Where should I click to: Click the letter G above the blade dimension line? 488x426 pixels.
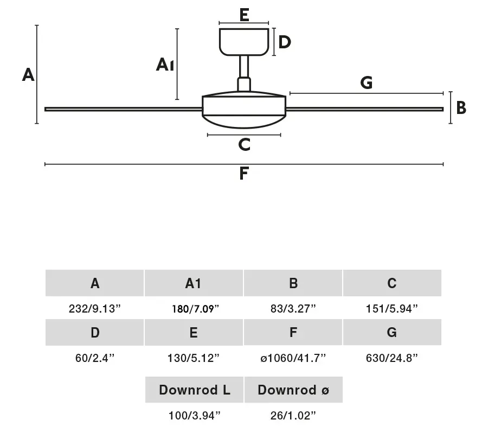(x=367, y=82)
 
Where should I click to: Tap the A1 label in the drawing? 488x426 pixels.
(x=165, y=65)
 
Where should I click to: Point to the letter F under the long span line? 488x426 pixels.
(x=244, y=173)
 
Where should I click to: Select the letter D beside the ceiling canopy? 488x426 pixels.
(x=285, y=42)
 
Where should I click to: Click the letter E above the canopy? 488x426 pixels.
(x=245, y=15)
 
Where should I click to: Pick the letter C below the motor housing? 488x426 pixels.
(x=245, y=144)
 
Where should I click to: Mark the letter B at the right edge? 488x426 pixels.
(x=461, y=108)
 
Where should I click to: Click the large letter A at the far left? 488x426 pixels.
(x=28, y=75)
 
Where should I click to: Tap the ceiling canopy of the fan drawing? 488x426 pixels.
(x=244, y=42)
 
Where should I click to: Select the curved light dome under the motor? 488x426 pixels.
(x=244, y=122)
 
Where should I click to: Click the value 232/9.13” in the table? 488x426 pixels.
(x=94, y=309)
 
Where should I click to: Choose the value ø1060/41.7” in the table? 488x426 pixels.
(x=293, y=358)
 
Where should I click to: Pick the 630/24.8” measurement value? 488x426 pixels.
(x=392, y=358)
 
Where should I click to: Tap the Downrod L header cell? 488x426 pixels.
(x=194, y=390)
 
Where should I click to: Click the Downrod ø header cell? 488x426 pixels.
(x=293, y=390)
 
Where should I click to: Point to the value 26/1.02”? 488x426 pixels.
(x=293, y=415)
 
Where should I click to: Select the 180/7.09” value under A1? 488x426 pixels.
(x=195, y=309)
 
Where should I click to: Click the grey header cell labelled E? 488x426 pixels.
(x=194, y=332)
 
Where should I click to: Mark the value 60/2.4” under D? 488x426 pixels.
(x=95, y=358)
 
